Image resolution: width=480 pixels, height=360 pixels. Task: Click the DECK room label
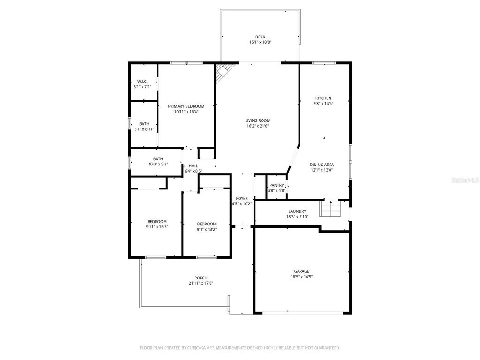[x=260, y=37]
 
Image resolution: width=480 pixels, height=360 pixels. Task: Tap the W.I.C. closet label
[x=142, y=81]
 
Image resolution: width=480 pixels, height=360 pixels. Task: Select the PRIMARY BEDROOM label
[x=186, y=106]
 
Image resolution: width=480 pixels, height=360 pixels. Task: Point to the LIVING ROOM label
[x=258, y=120]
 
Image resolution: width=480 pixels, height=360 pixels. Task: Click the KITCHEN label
[x=323, y=98]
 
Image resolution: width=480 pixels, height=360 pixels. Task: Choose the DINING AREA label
[x=322, y=165]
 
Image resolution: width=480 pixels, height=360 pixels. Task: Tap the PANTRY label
[x=277, y=185]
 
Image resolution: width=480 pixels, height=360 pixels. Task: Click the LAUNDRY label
[x=297, y=211]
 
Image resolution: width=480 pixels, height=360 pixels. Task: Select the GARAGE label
[x=301, y=271]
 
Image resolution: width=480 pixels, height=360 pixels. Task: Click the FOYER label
[x=242, y=198]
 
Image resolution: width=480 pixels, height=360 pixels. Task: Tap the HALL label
[x=193, y=166]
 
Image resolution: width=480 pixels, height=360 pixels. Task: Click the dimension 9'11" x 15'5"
[x=157, y=227]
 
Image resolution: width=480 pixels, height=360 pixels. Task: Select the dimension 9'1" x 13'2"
[x=207, y=229]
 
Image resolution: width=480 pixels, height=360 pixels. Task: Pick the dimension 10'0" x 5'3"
[x=157, y=164]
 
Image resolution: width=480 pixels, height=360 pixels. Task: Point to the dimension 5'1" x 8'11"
[x=144, y=129]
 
